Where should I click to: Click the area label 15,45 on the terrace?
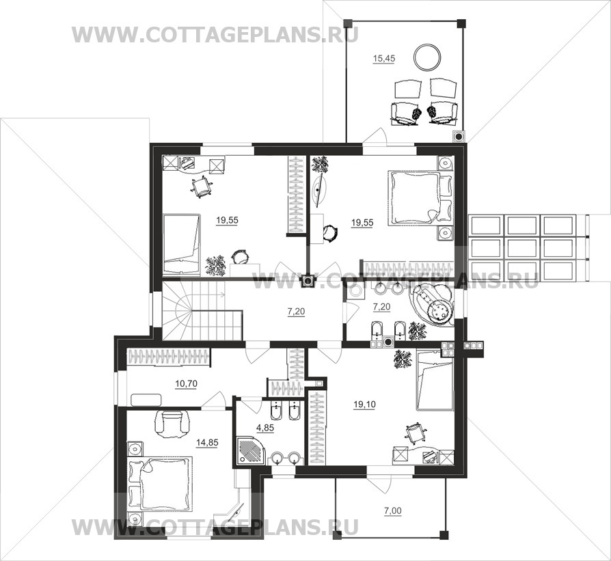[x=384, y=59]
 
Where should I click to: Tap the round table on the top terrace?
[x=427, y=57]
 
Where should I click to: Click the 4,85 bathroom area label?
[x=265, y=428]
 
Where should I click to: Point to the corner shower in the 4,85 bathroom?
[x=249, y=451]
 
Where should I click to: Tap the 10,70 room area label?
[x=186, y=384]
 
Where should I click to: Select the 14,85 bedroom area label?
[x=207, y=443]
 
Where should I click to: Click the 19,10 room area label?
[x=364, y=405]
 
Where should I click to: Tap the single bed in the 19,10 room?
[x=435, y=380]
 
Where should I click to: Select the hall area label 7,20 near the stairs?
[x=296, y=312]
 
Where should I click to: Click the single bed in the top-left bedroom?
[x=182, y=244]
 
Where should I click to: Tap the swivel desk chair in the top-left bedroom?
[x=202, y=187]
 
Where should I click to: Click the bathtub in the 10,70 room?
[x=146, y=400]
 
